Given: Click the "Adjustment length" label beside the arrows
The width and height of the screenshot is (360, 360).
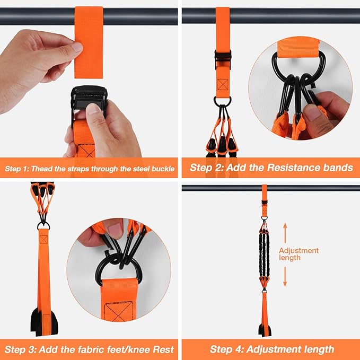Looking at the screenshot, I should [298, 254].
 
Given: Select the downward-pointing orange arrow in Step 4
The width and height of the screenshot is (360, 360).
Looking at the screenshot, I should [285, 276].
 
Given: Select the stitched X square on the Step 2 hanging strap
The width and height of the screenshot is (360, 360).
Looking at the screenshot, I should [222, 84].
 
